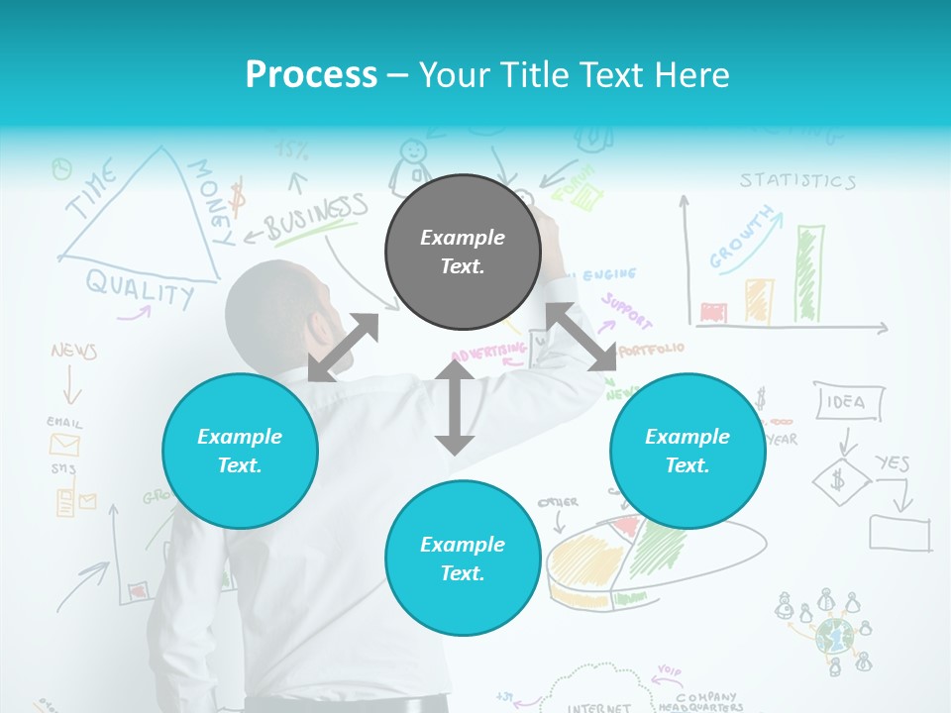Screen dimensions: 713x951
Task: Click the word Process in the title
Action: click(x=311, y=75)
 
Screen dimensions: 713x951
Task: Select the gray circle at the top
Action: click(x=463, y=252)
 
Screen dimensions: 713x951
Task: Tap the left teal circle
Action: click(x=240, y=451)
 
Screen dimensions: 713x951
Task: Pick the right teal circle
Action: click(x=687, y=451)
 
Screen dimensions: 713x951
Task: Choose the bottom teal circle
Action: click(x=463, y=559)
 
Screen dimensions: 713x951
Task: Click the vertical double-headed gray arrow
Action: click(x=455, y=407)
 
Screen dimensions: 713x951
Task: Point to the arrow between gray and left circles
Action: click(x=343, y=348)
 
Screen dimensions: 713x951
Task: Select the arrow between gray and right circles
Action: click(x=581, y=338)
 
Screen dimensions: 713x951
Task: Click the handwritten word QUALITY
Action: click(x=140, y=288)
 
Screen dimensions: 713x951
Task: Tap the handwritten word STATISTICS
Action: click(x=797, y=180)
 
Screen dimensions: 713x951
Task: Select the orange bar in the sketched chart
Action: click(x=759, y=300)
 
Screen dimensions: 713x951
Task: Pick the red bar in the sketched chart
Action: click(x=712, y=313)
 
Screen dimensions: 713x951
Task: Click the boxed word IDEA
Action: click(x=846, y=401)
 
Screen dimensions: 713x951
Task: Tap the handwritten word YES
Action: click(x=892, y=462)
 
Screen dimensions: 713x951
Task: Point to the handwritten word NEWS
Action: click(x=73, y=352)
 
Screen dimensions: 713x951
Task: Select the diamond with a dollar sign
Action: click(x=840, y=482)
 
